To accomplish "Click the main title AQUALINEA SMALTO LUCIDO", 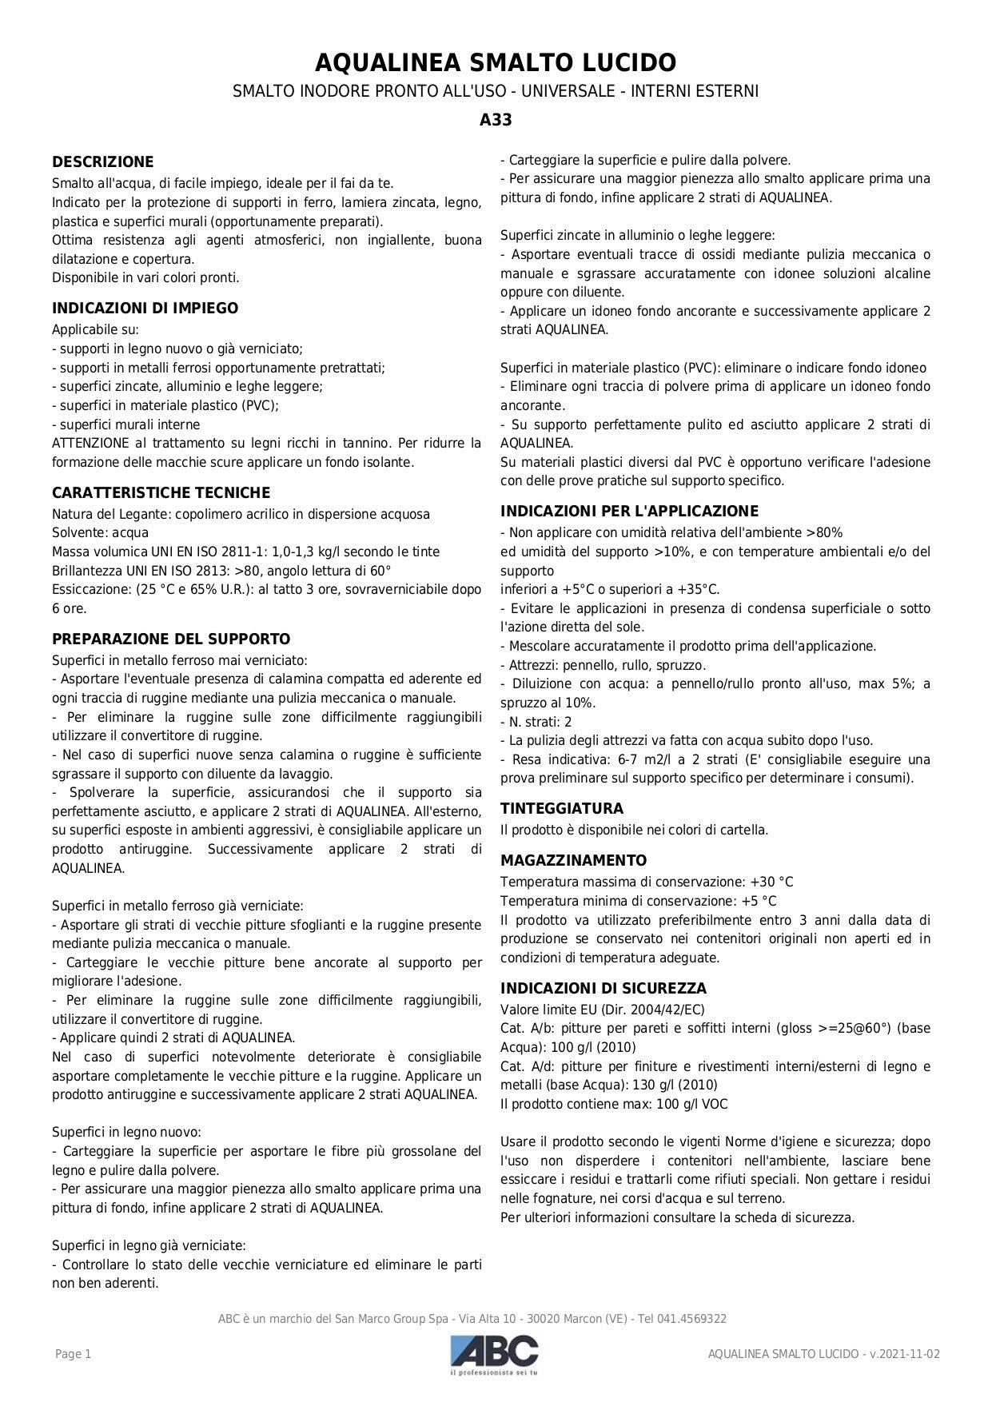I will [496, 62].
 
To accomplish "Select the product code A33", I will [496, 121].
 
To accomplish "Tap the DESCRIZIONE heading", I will [102, 162].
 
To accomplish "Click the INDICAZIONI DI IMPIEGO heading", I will [145, 309].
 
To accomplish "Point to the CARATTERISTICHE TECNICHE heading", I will [161, 493].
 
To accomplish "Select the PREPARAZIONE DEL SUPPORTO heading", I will [171, 639].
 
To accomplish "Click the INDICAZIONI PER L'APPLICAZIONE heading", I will [629, 512].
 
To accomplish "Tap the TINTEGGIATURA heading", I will [561, 809].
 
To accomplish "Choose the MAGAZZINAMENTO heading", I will [573, 861].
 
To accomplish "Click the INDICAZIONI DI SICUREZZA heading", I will [604, 989].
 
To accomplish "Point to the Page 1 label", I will [73, 1354].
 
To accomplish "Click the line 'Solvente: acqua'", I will [100, 533].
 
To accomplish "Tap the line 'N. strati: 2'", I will [536, 722].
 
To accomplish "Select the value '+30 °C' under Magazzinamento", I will [771, 882].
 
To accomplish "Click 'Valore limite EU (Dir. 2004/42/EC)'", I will [602, 1010].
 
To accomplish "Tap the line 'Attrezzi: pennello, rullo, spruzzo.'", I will [603, 665].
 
